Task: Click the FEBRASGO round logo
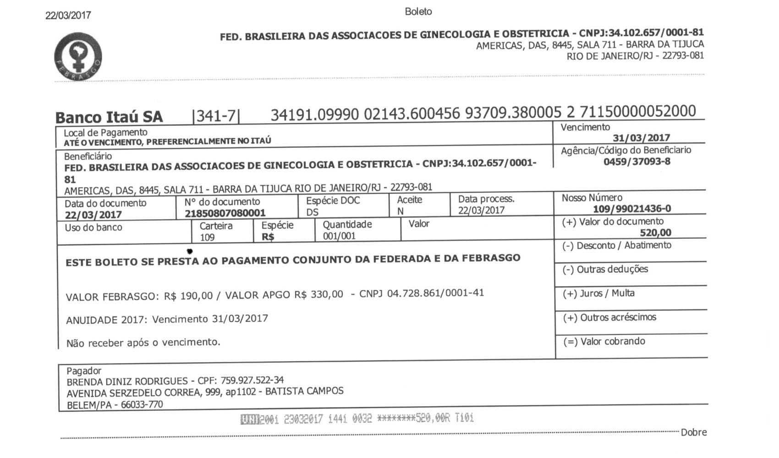coord(78,57)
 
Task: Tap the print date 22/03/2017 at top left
coord(68,15)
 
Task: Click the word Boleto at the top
coord(418,11)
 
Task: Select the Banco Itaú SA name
coord(109,117)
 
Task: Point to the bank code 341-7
coord(216,116)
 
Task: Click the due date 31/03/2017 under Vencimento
coord(641,138)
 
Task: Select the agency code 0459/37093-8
coord(636,162)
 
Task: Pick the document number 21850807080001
coord(225,213)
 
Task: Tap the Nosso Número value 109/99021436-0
coord(631,209)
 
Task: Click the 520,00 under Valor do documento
coord(655,233)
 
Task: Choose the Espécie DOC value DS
coord(312,213)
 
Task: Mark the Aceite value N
coord(400,212)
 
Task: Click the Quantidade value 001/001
coord(339,236)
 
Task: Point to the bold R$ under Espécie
coord(268,237)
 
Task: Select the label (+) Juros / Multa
coord(598,293)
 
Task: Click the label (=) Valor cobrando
coord(603,342)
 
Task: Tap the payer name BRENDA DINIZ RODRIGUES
coord(127,382)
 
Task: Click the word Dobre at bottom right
coord(693,432)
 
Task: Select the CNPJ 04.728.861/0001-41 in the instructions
coord(435,293)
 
